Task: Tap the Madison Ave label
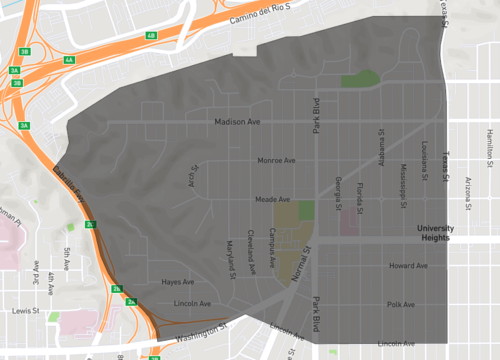coord(237,122)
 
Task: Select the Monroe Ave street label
coord(276,160)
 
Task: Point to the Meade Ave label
coord(272,199)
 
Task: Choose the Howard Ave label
coord(408,266)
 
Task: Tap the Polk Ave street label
coord(400,304)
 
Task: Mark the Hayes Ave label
coord(177,282)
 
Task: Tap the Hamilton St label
coord(489,147)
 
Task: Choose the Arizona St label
coord(467,187)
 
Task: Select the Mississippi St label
coord(403,180)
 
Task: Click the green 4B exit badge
coord(151,35)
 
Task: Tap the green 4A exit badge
coord(69,61)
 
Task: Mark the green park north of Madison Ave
coord(360,80)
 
